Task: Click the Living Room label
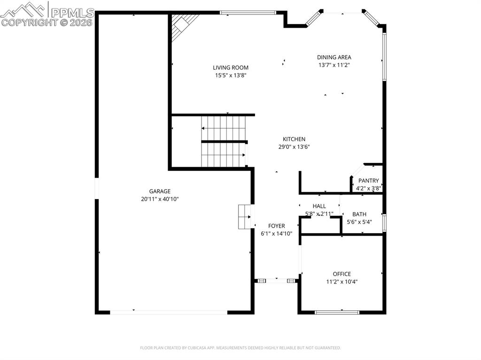click(230, 68)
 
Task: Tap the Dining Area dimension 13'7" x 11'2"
click(334, 65)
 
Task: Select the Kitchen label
click(294, 139)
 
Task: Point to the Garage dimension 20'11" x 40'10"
click(160, 199)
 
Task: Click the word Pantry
click(368, 181)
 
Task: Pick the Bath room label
click(359, 214)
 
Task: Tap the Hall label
click(319, 206)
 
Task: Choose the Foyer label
click(276, 226)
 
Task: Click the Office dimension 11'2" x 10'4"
click(341, 282)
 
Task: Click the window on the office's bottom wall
click(336, 312)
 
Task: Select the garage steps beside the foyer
click(244, 216)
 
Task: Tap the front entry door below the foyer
click(277, 281)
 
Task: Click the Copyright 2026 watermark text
click(47, 22)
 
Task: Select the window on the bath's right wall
click(384, 223)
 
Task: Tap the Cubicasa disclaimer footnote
click(240, 348)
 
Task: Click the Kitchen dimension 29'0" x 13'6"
click(294, 146)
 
